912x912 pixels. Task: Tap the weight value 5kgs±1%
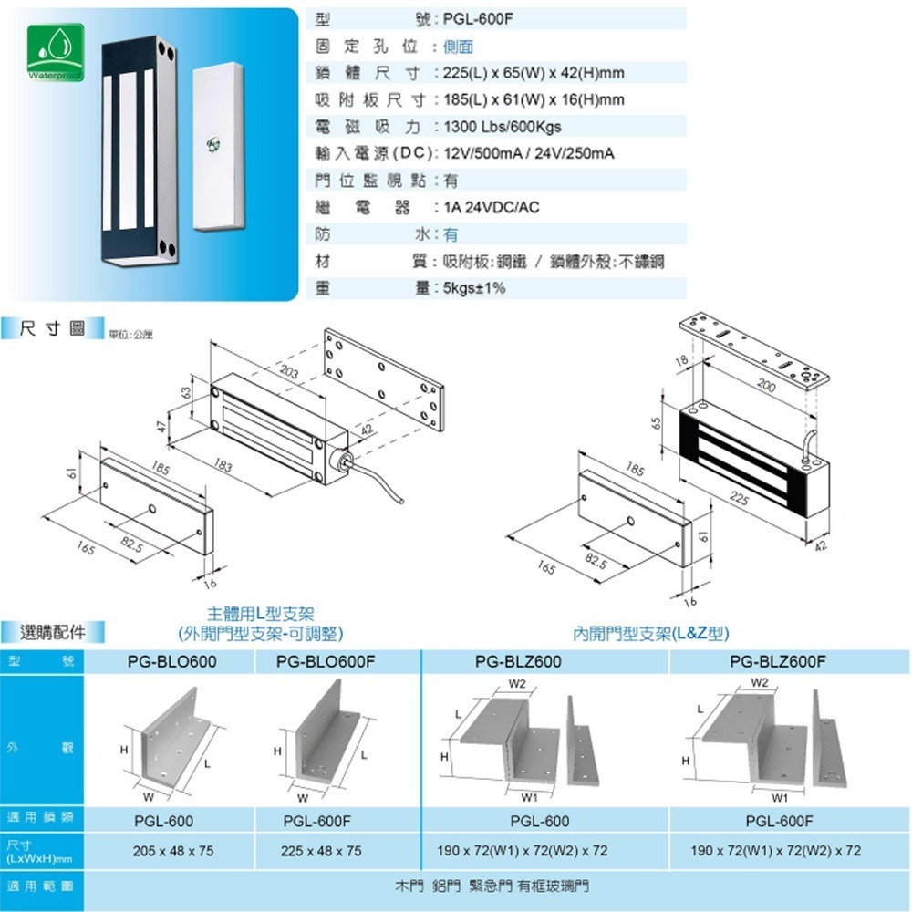(473, 288)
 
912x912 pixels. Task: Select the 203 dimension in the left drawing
(289, 371)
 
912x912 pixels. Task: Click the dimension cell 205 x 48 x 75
(172, 850)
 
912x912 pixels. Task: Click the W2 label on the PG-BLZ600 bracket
(517, 683)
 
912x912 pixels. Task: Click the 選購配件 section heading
(54, 630)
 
